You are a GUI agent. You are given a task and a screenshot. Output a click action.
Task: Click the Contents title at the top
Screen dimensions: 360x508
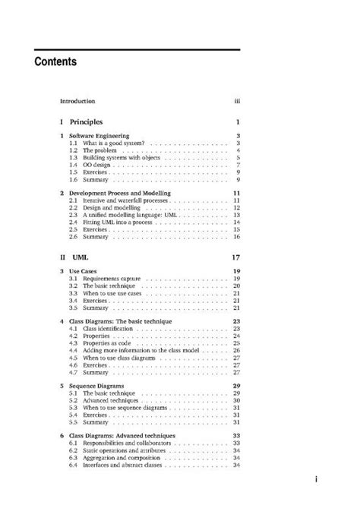click(x=55, y=63)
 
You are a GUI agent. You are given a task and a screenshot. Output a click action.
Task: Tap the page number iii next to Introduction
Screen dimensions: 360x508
click(x=237, y=101)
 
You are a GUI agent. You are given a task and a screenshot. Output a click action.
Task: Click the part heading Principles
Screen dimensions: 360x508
click(x=86, y=121)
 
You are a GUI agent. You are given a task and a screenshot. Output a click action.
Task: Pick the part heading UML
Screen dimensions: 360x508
click(x=80, y=258)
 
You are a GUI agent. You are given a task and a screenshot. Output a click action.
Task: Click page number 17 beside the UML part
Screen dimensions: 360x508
click(x=235, y=258)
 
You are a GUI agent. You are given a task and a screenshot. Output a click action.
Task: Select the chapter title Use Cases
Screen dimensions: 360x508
click(x=85, y=272)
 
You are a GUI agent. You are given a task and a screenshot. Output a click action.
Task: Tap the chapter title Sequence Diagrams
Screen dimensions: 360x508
click(x=99, y=387)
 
